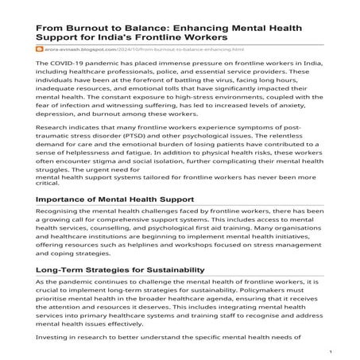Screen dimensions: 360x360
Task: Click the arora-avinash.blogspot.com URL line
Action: pyautogui.click(x=119, y=49)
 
